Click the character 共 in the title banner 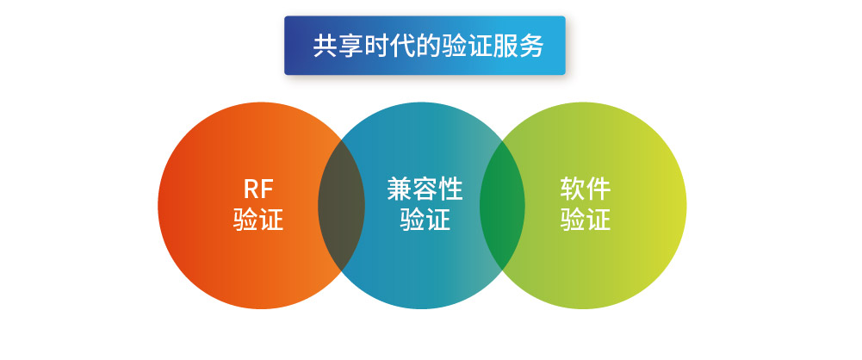coord(325,46)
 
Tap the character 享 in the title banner coord(350,46)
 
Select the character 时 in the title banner coord(376,46)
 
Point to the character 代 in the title coord(402,46)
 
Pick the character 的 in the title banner coord(428,46)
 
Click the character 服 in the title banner coord(505,46)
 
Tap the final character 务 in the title coord(531,46)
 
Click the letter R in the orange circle coord(250,189)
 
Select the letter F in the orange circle coord(267,189)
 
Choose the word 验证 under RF coord(258,220)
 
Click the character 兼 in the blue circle coord(399,189)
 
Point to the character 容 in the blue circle coord(425,189)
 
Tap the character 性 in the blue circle coord(450,189)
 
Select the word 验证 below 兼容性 coord(425,220)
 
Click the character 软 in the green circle coord(573,189)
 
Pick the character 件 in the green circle coord(598,189)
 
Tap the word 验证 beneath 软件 coord(586,220)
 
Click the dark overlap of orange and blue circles coord(341,206)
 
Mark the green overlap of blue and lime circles coord(502,206)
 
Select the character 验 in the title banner coord(454,46)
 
